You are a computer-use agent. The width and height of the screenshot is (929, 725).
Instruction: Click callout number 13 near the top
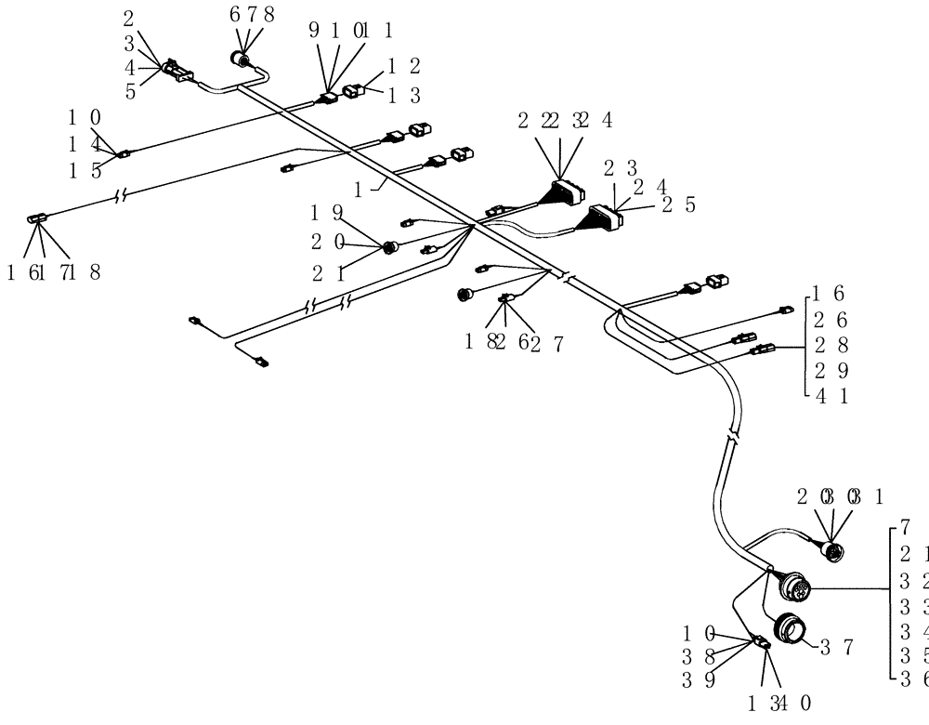click(x=403, y=95)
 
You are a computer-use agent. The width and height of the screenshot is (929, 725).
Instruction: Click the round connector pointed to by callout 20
click(x=390, y=247)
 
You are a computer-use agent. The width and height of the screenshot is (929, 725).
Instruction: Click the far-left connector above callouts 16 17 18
click(x=34, y=218)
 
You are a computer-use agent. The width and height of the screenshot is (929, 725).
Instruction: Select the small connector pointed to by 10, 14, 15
click(x=122, y=153)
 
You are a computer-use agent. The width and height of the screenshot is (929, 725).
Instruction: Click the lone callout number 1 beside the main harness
click(x=371, y=186)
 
